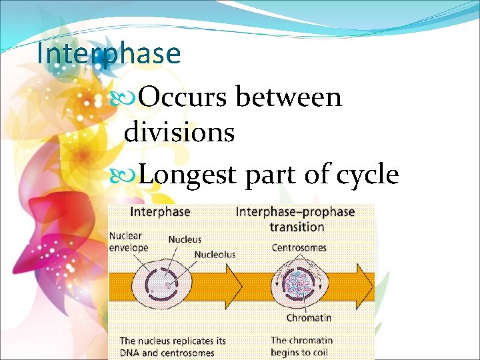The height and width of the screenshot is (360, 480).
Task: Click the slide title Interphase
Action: [109, 54]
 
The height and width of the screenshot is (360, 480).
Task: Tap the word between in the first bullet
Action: [288, 97]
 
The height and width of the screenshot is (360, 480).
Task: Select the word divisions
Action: [179, 132]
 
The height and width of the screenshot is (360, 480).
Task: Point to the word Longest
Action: [188, 175]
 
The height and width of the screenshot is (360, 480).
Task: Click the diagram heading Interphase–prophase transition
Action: [295, 219]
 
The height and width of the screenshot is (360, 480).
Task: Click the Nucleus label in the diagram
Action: [184, 239]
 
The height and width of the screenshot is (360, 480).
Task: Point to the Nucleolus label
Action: [214, 254]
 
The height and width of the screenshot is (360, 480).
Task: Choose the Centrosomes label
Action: [299, 248]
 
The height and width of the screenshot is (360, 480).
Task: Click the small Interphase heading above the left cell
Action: [159, 212]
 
